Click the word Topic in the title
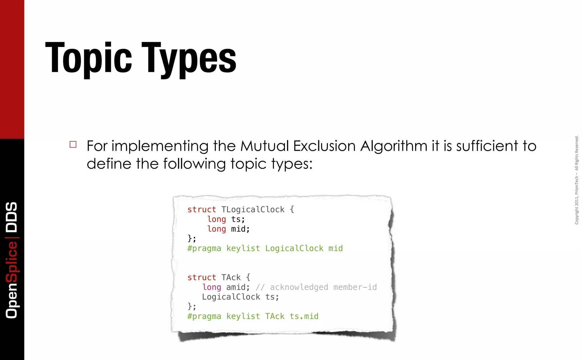tap(88, 58)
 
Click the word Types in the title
tap(189, 58)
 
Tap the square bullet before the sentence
tap(73, 144)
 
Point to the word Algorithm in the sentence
tap(394, 146)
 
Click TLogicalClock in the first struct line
tap(253, 210)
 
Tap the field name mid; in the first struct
tap(240, 229)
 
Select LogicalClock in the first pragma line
tap(294, 248)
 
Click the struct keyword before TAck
tap(201, 277)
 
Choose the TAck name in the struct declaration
tap(231, 277)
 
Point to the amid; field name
tap(238, 287)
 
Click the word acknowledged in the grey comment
tap(299, 287)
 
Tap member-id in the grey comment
tap(355, 287)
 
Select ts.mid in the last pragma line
tap(304, 316)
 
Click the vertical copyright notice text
tap(577, 180)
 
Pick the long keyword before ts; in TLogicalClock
tap(217, 219)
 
